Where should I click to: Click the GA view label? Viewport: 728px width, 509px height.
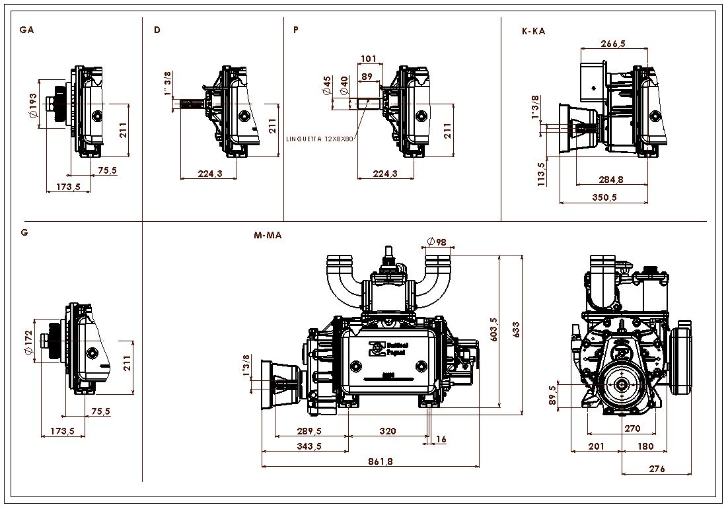[26, 30]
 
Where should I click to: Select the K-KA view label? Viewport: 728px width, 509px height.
[533, 30]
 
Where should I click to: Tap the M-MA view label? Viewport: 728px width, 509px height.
[268, 235]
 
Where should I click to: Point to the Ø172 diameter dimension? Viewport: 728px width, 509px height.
[28, 343]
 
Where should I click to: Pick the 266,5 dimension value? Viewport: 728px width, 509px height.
[613, 44]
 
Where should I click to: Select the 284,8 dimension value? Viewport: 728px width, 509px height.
[611, 180]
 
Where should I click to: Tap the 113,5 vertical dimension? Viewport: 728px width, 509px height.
[542, 174]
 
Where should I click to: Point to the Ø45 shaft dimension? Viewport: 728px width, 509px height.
[327, 86]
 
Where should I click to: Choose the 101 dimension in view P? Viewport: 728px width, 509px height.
[369, 59]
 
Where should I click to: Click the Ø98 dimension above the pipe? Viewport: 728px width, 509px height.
[437, 242]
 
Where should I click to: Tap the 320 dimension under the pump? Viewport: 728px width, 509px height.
[388, 431]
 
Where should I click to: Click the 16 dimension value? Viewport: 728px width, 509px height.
[441, 439]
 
